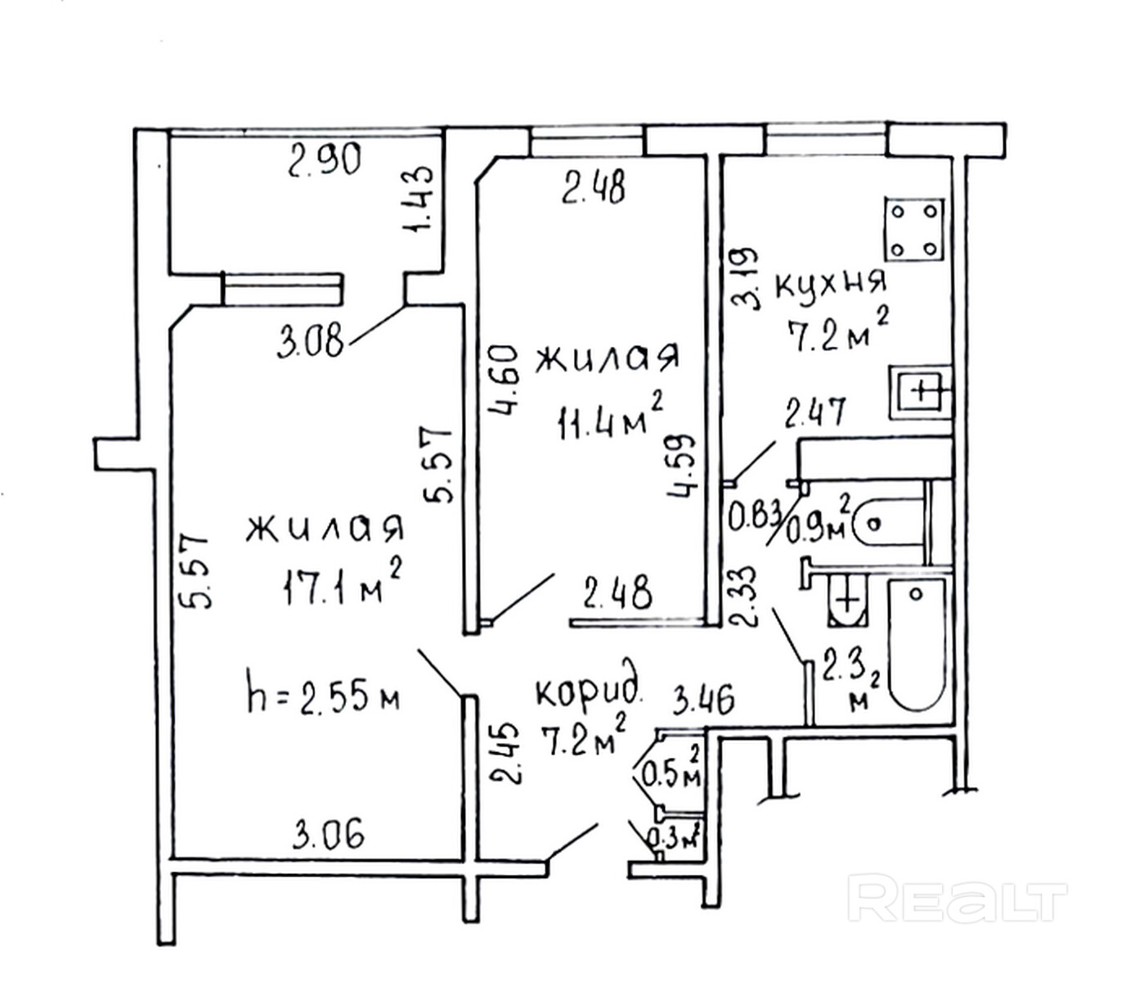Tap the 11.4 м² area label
pyautogui.click(x=609, y=418)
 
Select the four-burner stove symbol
pyautogui.click(x=914, y=230)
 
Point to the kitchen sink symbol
pyautogui.click(x=921, y=391)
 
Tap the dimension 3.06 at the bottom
pyautogui.click(x=329, y=835)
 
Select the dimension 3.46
pyautogui.click(x=702, y=700)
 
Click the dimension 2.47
pyautogui.click(x=814, y=413)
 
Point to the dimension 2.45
pyautogui.click(x=510, y=753)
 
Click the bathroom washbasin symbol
pyautogui.click(x=850, y=600)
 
